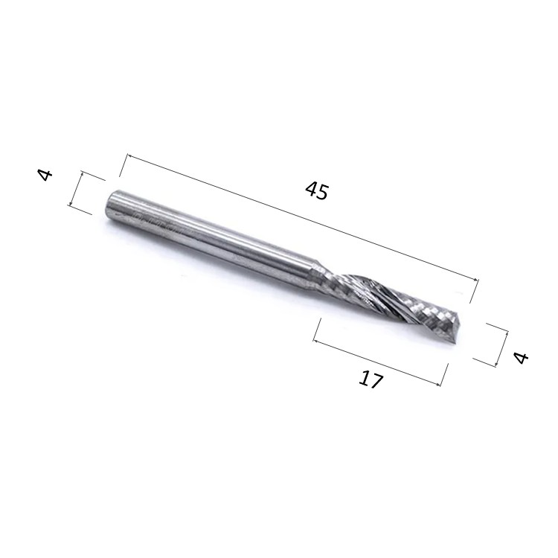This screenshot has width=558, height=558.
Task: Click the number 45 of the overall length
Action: (315, 190)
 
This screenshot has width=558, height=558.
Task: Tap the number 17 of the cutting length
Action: (371, 379)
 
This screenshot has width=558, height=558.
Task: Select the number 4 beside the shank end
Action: (45, 175)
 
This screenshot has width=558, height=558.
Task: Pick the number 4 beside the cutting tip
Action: (522, 357)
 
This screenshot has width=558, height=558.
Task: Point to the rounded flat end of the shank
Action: (111, 207)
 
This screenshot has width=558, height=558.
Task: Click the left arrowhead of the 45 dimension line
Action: (129, 156)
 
